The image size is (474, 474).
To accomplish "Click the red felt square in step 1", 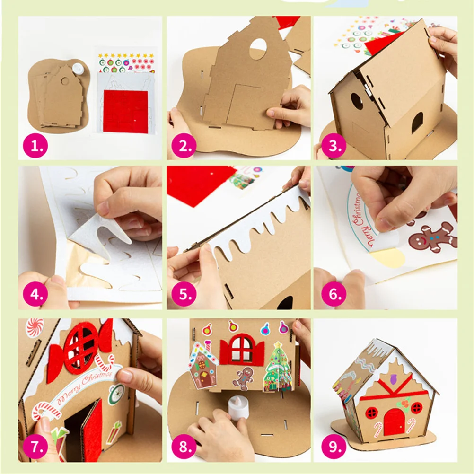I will pyautogui.click(x=125, y=111).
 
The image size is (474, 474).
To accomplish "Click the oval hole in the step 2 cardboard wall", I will pyautogui.click(x=257, y=49).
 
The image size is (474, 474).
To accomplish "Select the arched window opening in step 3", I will pyautogui.click(x=417, y=123).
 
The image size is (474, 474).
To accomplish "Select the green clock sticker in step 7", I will pyautogui.click(x=115, y=394).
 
